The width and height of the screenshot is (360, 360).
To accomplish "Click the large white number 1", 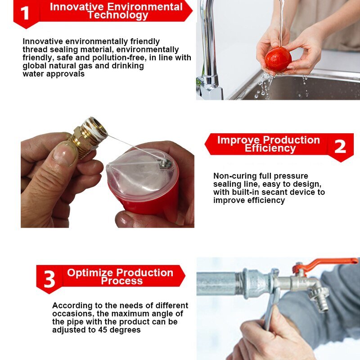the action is tap(25, 13).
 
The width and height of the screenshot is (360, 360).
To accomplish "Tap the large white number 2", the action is tap(340, 146).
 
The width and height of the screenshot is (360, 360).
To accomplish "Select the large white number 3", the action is tap(49, 279).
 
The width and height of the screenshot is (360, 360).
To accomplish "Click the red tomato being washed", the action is tap(278, 59).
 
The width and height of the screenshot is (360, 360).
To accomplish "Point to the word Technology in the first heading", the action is tap(118, 15).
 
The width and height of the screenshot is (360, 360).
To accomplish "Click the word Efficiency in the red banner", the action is tap(270, 148).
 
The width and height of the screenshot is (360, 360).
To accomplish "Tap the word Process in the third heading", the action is tap(121, 281).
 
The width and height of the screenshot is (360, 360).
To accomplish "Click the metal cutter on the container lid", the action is tap(166, 164).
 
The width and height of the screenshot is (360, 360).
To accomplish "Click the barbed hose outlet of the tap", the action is tap(321, 303).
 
